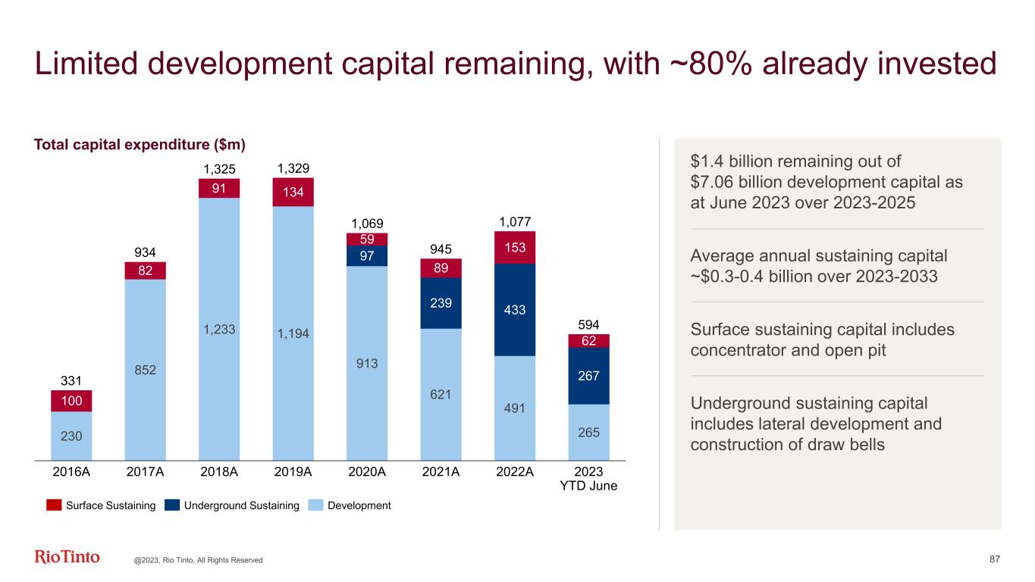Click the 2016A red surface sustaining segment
[71, 400]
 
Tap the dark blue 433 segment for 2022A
[515, 310]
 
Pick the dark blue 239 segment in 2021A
[441, 302]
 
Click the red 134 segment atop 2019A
[293, 192]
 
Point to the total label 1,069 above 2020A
[367, 224]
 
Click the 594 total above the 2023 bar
[588, 324]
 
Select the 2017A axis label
[145, 471]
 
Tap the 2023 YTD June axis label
[589, 478]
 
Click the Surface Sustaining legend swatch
[53, 505]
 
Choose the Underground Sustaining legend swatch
[171, 505]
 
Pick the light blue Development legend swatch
[318, 505]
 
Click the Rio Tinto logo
[67, 557]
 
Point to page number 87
[995, 559]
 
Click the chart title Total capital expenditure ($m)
[140, 144]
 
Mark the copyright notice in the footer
[199, 560]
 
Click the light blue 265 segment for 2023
[589, 432]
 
